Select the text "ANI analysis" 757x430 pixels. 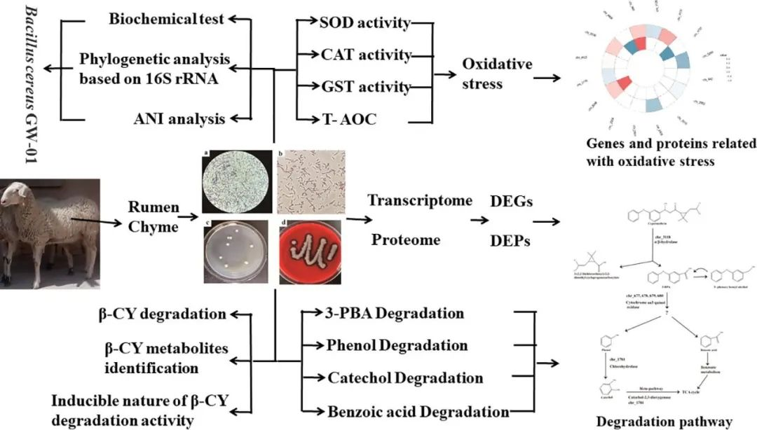point(179,118)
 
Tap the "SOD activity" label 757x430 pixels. point(364,22)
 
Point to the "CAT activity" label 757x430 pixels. point(364,55)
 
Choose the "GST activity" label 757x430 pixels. point(364,87)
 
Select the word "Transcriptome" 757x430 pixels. point(420,200)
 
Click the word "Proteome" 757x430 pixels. point(406,240)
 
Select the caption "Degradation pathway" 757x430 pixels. point(663,422)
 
